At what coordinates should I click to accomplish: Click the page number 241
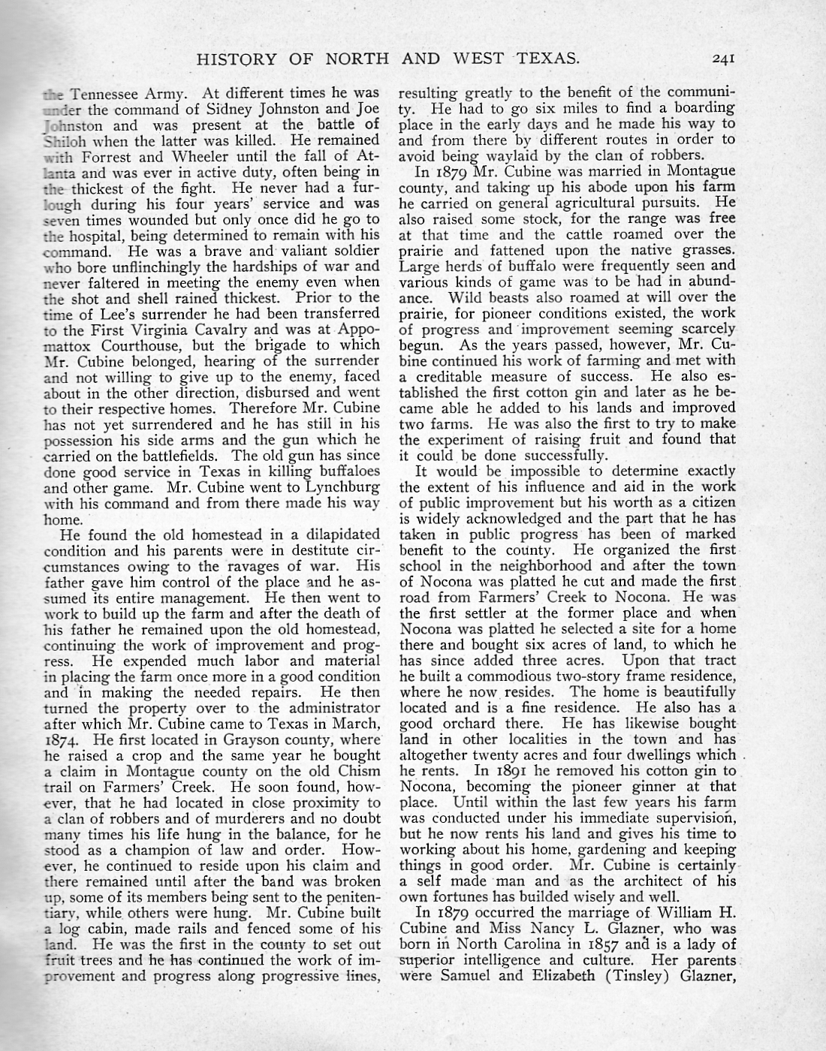728,59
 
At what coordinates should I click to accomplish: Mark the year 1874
62,740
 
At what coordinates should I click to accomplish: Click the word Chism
356,772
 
